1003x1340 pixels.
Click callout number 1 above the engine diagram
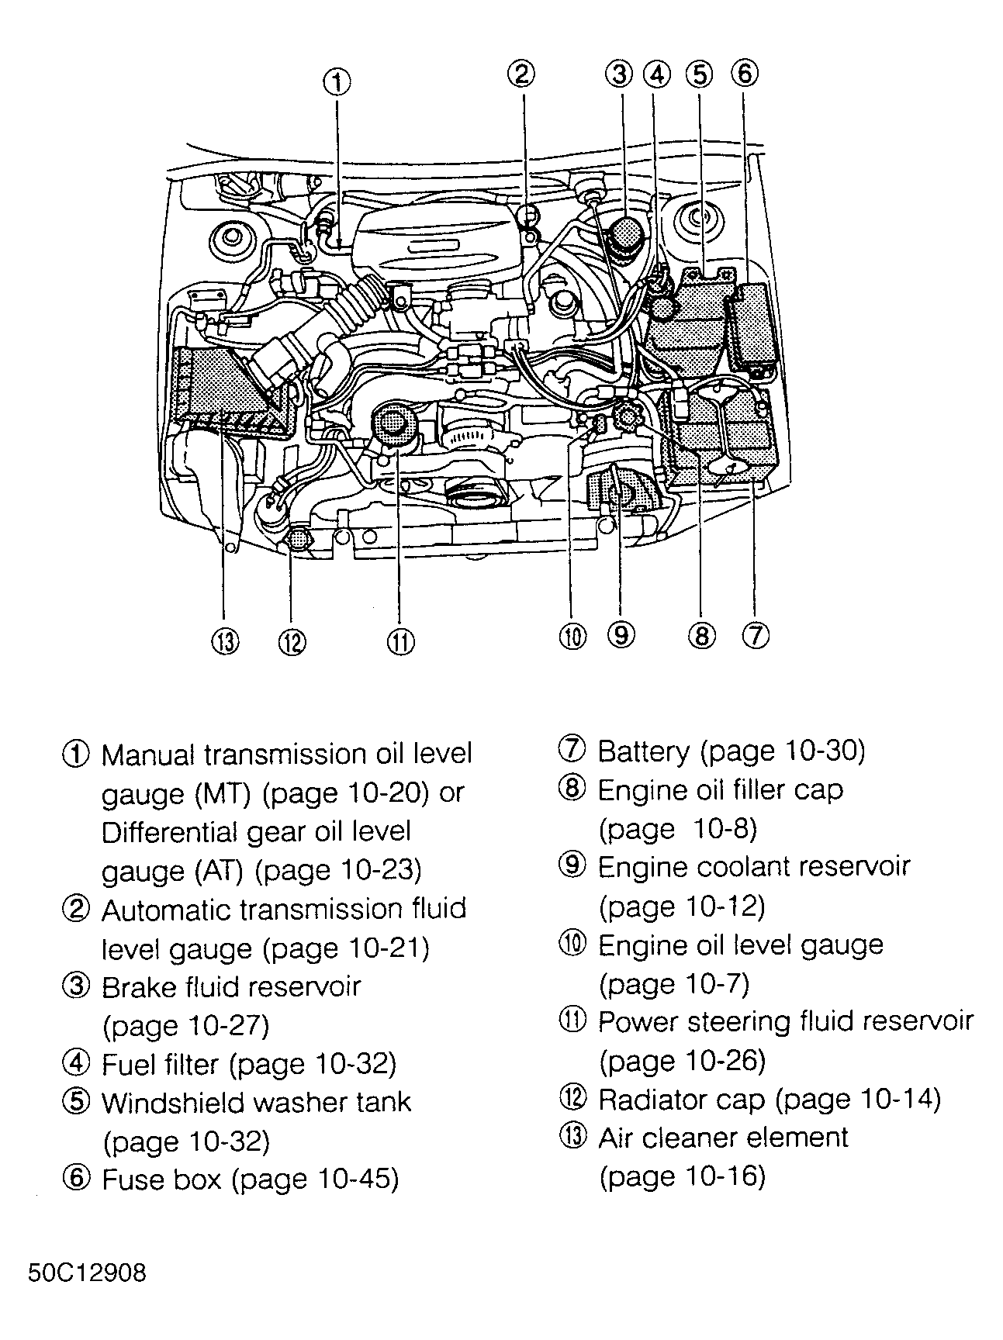point(337,81)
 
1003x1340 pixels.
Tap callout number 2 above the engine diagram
point(521,74)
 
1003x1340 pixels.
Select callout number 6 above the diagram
point(744,74)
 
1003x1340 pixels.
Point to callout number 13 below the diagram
point(224,641)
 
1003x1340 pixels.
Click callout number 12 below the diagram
point(292,641)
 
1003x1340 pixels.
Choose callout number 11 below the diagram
point(400,641)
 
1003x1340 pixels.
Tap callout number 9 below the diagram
point(621,635)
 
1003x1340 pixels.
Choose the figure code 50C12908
point(87,1274)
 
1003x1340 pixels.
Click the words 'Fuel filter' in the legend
point(161,1064)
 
